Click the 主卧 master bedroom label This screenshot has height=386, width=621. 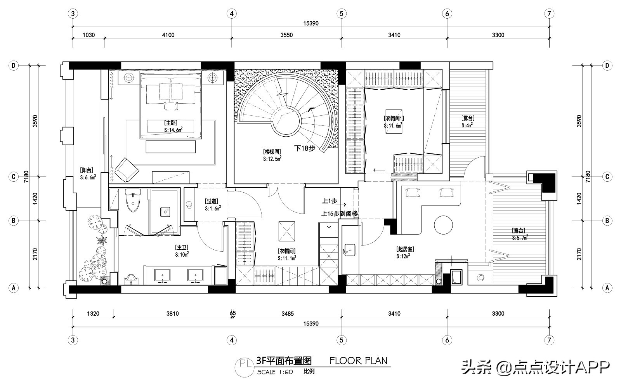[171, 122]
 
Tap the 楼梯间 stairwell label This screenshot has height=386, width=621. [272, 151]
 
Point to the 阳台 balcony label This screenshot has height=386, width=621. [86, 170]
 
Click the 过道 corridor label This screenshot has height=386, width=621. [212, 202]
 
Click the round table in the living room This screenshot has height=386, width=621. [443, 225]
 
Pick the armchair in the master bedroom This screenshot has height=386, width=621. [126, 169]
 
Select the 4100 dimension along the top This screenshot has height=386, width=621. [168, 35]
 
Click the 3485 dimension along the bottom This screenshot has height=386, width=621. [287, 314]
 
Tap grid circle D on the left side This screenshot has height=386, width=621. [14, 66]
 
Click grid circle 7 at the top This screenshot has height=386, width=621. [549, 14]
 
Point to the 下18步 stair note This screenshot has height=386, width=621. [305, 148]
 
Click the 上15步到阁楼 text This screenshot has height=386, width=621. [339, 214]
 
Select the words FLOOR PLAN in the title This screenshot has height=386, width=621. [358, 361]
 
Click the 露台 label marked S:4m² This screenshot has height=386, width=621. [468, 118]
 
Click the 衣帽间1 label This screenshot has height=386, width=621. [394, 118]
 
